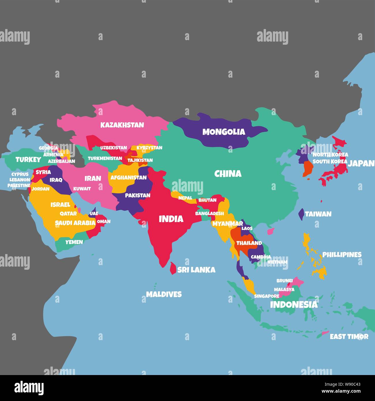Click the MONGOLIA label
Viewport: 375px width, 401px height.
click(224, 132)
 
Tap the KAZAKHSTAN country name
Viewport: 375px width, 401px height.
click(122, 125)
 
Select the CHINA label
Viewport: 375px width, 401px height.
click(228, 174)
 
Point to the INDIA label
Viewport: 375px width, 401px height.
click(171, 219)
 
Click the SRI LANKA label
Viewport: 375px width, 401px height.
click(196, 270)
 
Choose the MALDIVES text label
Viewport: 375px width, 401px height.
click(164, 294)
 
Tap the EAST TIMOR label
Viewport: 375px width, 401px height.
click(349, 336)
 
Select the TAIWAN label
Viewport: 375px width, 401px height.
click(318, 214)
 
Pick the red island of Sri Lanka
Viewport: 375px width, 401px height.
click(173, 268)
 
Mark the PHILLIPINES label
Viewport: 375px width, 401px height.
click(342, 255)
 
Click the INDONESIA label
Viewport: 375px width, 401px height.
click(294, 304)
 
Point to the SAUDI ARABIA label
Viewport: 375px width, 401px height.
click(75, 223)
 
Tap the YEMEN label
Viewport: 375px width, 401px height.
click(74, 242)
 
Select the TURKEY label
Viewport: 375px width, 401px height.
click(28, 160)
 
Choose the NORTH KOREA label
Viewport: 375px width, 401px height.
click(330, 155)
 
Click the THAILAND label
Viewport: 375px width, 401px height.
click(249, 243)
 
